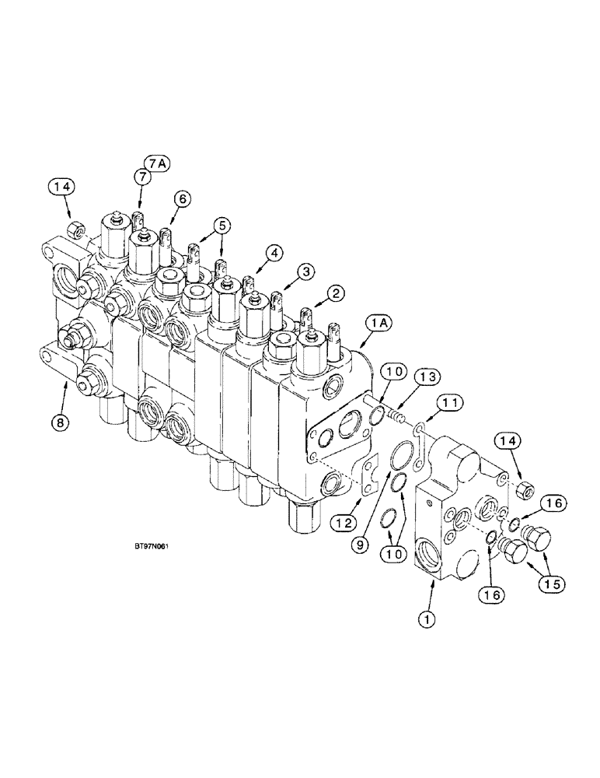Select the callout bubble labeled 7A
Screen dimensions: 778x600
(155, 163)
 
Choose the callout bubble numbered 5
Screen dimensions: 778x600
(222, 225)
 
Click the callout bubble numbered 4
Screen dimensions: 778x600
(274, 253)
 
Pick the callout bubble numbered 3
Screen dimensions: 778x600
(306, 272)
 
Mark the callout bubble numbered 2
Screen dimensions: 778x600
(335, 293)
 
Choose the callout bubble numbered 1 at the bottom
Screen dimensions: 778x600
(425, 620)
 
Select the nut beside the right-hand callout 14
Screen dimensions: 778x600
(524, 490)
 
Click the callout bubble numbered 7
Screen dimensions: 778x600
(142, 177)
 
